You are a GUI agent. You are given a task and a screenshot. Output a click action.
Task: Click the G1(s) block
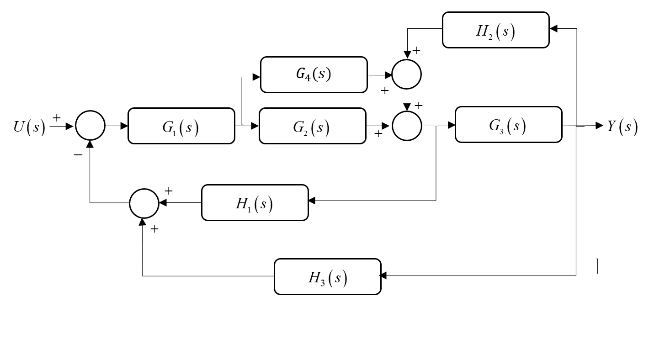181,126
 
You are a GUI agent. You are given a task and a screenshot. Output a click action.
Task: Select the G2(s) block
312,126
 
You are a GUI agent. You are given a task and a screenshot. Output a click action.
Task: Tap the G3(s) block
508,125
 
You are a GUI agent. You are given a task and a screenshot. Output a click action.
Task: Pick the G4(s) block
314,74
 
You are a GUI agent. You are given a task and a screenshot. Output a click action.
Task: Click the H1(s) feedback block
255,203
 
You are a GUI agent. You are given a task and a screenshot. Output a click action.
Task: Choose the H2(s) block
495,30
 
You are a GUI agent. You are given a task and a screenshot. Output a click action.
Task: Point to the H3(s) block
327,276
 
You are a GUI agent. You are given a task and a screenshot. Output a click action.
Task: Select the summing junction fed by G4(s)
406,74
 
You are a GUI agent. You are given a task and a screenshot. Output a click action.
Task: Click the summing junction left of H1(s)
144,203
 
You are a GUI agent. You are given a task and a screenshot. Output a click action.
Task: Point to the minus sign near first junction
78,155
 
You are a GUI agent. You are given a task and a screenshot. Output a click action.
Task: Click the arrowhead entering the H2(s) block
553,29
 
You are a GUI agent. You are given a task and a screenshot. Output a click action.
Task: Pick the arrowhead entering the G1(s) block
124,126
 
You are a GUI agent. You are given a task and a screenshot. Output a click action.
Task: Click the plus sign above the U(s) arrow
57,118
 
